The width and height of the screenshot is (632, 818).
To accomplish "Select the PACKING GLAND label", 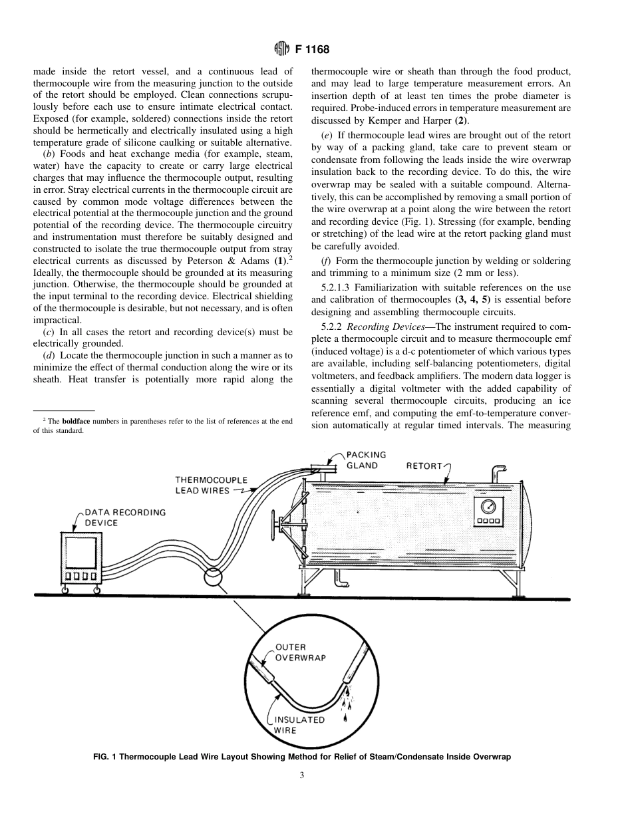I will coord(366,460).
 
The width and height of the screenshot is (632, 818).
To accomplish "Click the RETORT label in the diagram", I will coord(424,466).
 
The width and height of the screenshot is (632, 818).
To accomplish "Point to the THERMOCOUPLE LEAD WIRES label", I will coord(211,485).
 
